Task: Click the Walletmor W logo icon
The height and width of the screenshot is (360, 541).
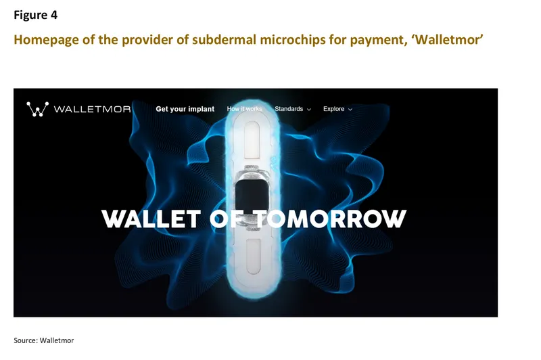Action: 37,109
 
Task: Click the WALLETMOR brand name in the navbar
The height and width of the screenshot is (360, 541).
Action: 91,109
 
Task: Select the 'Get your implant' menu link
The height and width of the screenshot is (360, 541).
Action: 185,109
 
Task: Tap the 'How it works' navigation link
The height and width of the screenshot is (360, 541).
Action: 244,109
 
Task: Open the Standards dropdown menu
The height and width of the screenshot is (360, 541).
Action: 289,109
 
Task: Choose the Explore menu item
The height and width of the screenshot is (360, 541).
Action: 334,109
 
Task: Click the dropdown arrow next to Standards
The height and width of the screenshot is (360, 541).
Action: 309,110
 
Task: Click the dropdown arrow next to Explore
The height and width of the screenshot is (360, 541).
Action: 350,110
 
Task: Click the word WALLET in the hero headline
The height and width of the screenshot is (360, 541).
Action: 151,219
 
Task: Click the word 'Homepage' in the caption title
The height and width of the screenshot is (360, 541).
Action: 44,39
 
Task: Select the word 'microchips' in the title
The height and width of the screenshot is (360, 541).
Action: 253,39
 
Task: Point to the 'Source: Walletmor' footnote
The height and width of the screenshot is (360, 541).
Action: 43,340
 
